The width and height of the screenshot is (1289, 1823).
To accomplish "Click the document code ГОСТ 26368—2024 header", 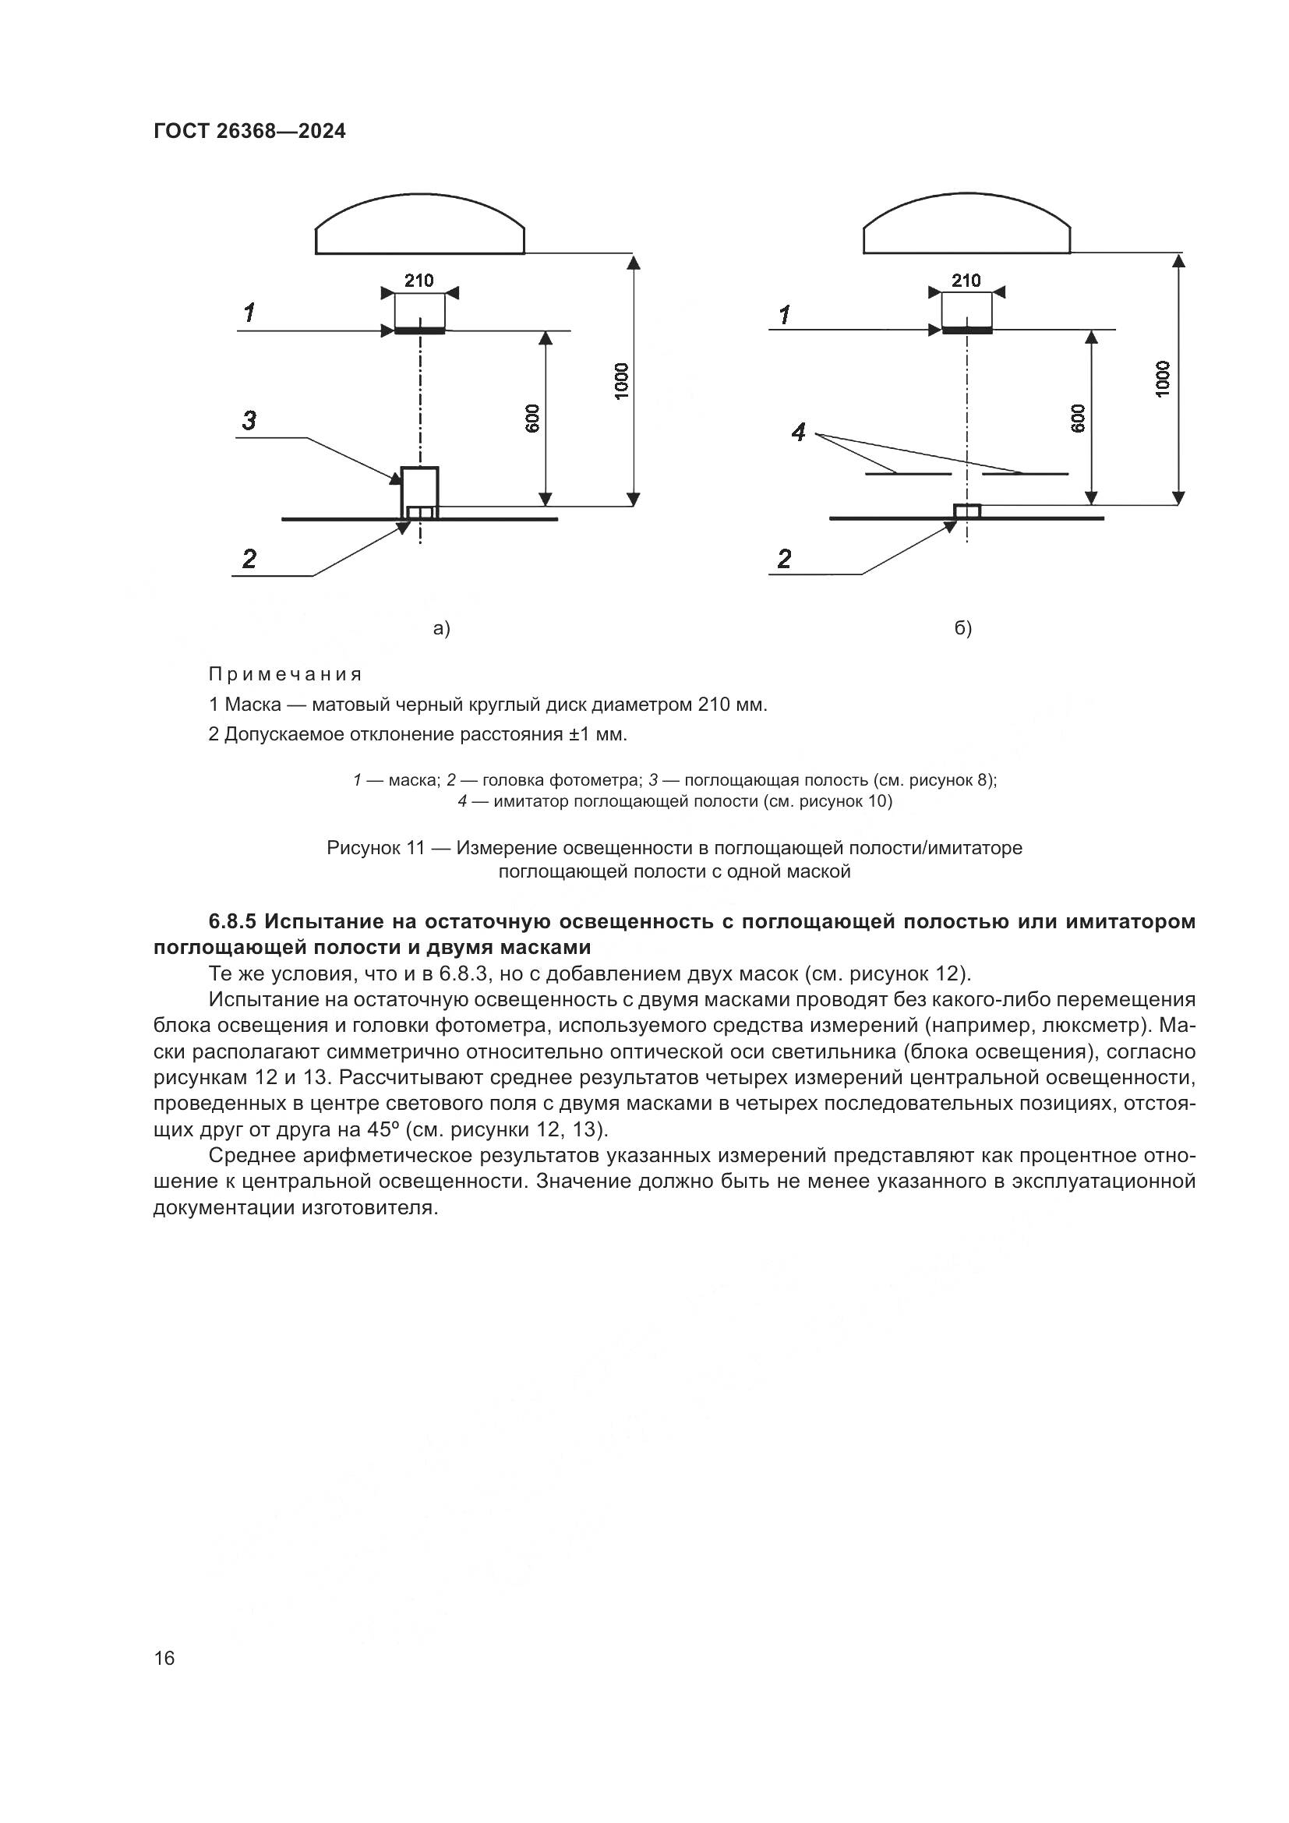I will click(249, 131).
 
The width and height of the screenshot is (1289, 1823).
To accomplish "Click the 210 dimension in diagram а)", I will click(419, 281).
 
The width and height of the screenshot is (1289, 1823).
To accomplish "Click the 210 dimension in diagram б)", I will click(966, 281).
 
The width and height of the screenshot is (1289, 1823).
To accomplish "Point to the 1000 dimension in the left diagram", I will click(621, 380).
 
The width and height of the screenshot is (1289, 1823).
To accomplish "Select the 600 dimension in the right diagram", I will click(1078, 419).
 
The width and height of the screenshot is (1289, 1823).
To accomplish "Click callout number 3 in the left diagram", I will click(249, 420).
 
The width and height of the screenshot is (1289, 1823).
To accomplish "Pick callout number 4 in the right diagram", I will click(799, 433).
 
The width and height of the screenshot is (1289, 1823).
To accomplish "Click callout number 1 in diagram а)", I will click(249, 313).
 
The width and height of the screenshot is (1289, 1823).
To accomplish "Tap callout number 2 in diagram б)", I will click(784, 559).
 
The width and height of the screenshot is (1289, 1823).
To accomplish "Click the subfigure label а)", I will click(441, 629).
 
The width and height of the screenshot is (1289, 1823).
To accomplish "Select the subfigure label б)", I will click(962, 629).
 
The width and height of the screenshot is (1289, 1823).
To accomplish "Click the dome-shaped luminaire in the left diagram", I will click(420, 226).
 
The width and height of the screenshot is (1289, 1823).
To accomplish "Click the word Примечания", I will click(285, 675).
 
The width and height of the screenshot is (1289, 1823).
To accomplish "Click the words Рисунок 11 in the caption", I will click(376, 848).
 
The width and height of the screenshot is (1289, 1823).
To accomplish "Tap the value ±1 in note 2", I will click(577, 734).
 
